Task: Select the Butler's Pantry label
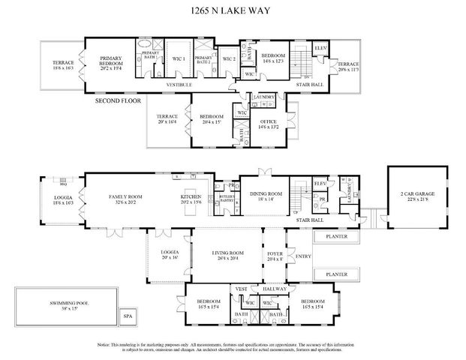[x=224, y=197]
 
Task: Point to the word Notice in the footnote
[x=107, y=344]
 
